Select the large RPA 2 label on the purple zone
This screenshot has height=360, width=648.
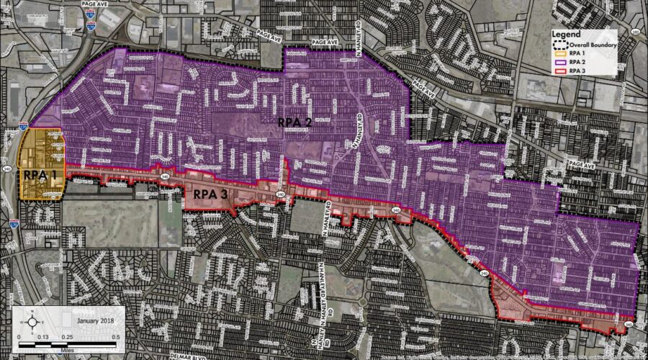(x=296, y=122)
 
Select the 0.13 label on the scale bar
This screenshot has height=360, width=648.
(x=44, y=336)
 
